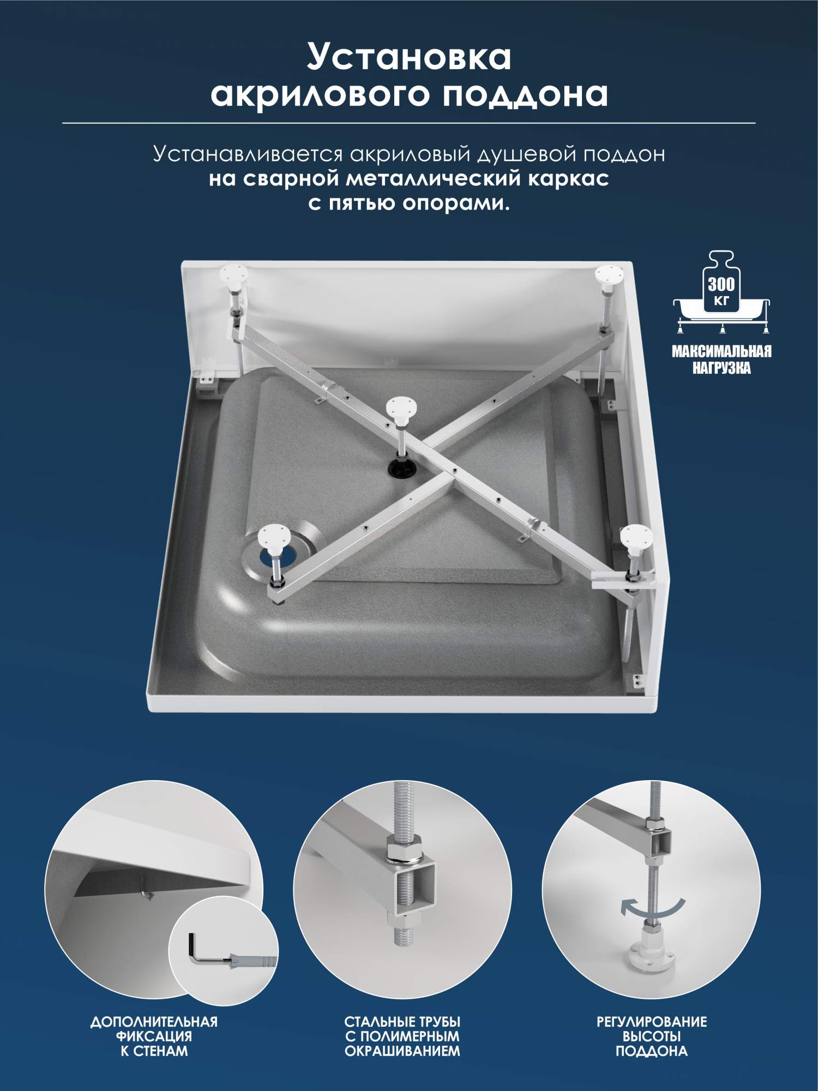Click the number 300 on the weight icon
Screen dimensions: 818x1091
pos(721,284)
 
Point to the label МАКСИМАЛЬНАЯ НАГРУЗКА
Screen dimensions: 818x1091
pos(721,359)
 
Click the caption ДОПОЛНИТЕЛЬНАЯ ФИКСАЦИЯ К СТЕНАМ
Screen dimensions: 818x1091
pos(154,1036)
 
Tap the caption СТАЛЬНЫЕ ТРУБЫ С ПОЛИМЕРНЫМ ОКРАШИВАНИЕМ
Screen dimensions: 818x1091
pos(402,1036)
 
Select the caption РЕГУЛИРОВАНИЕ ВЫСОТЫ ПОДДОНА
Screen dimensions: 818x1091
pos(652,1036)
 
